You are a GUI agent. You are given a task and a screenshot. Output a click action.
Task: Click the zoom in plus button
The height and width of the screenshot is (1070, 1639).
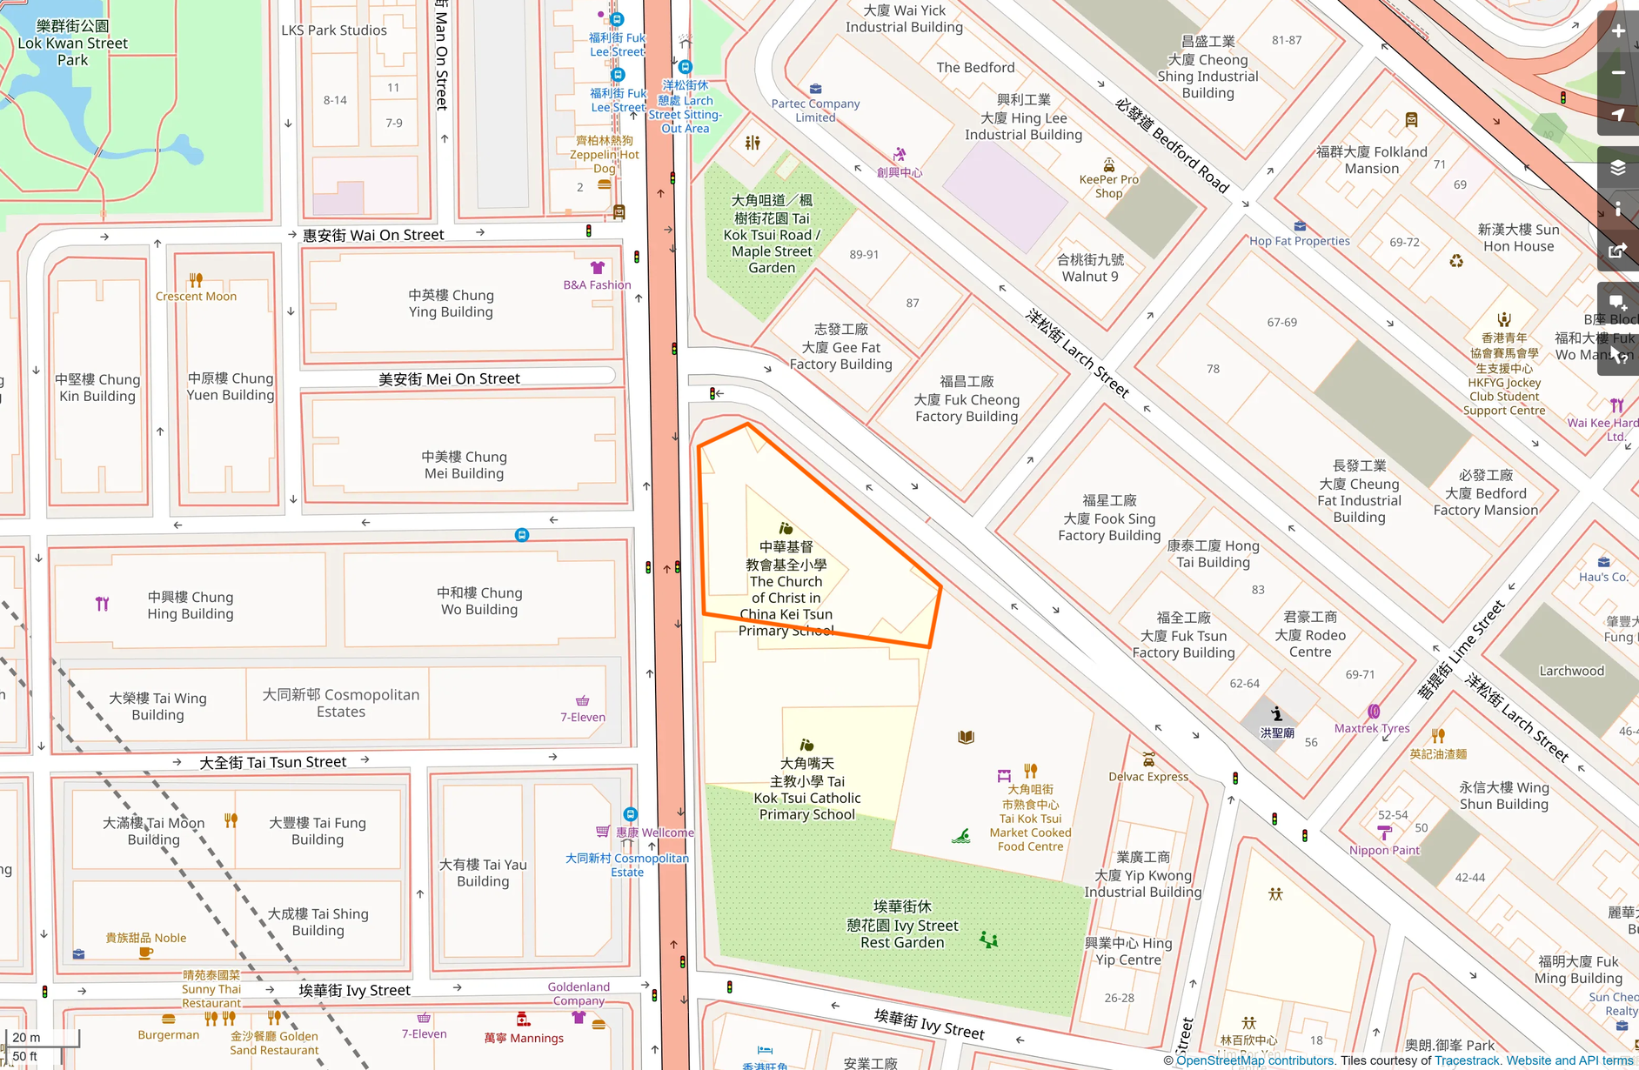tap(1618, 31)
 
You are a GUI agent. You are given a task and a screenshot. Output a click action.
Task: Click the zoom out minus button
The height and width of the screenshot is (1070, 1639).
tap(1618, 73)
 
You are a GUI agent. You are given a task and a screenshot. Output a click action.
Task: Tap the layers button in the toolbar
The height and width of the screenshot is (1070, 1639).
tap(1618, 167)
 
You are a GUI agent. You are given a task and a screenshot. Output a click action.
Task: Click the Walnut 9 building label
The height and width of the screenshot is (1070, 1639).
tap(1090, 268)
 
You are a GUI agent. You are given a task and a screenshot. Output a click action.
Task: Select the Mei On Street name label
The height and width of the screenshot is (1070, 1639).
tap(449, 378)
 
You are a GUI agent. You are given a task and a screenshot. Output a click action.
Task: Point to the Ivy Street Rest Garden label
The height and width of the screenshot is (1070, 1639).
tap(902, 925)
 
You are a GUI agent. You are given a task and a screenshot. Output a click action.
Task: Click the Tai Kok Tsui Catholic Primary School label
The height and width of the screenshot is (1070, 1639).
tap(807, 789)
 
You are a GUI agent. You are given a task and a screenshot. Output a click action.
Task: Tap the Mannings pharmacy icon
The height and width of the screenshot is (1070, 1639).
tap(523, 1019)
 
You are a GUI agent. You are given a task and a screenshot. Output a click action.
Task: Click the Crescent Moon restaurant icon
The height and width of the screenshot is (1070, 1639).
tap(196, 280)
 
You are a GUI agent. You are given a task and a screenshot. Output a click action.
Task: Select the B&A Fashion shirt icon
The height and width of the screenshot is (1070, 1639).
tap(597, 268)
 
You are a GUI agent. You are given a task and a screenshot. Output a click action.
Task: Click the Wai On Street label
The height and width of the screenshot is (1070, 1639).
tap(373, 235)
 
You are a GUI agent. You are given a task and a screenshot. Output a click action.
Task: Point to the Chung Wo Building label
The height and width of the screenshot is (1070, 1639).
tap(479, 601)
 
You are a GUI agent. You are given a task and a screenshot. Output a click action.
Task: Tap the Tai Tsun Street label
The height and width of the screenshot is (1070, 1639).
tap(273, 762)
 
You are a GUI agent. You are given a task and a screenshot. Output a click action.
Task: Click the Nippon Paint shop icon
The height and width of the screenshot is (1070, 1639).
tap(1384, 833)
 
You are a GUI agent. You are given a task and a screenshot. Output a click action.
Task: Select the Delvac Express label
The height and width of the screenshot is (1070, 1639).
tap(1148, 777)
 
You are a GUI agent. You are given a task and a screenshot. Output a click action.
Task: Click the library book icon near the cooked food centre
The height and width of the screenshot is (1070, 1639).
tap(966, 737)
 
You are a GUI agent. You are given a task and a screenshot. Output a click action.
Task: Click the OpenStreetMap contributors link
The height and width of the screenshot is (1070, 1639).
tap(1254, 1060)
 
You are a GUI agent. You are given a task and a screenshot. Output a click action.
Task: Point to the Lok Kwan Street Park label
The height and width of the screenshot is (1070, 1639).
tap(72, 43)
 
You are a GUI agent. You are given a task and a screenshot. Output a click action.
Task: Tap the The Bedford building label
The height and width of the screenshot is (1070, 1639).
tap(975, 68)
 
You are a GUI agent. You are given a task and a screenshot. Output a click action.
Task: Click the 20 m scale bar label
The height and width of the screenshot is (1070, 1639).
tap(27, 1037)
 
